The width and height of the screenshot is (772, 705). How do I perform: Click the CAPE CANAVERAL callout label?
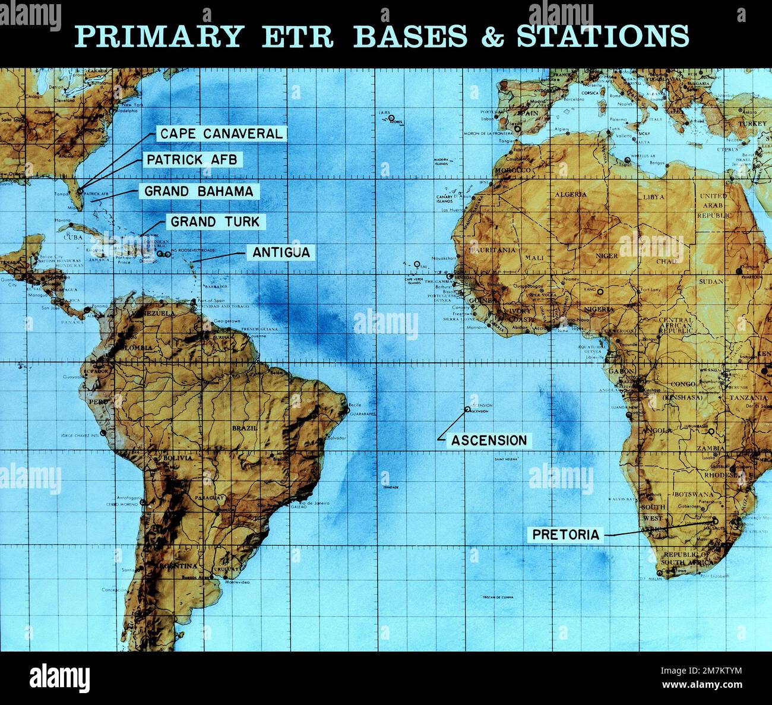221,134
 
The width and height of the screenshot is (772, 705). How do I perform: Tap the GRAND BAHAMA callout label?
199,191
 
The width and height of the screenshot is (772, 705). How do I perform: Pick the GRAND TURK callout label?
215,222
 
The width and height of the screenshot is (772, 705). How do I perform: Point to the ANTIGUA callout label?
281,252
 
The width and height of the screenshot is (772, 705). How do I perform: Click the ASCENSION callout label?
489,440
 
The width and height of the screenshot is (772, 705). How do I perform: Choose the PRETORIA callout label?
565,535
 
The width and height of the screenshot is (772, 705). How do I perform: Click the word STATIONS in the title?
602,37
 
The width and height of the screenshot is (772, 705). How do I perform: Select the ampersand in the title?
492,37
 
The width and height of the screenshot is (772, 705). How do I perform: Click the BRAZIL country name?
244,428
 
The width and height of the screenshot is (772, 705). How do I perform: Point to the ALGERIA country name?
570,194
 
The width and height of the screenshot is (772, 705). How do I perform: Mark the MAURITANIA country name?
492,250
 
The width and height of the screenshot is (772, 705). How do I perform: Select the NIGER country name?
607,255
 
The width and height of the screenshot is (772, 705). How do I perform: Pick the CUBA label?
74,236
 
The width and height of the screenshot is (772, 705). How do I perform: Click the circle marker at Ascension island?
467,409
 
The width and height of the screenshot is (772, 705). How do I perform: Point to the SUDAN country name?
711,282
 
